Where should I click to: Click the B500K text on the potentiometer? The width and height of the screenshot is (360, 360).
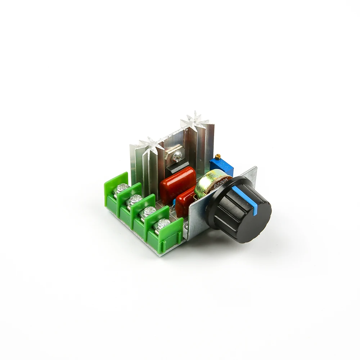click(220, 183)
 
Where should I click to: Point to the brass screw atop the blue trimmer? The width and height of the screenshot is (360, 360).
click(218, 156)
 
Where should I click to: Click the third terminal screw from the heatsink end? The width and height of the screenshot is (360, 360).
click(149, 211)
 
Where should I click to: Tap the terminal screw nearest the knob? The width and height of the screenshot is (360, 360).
click(163, 223)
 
